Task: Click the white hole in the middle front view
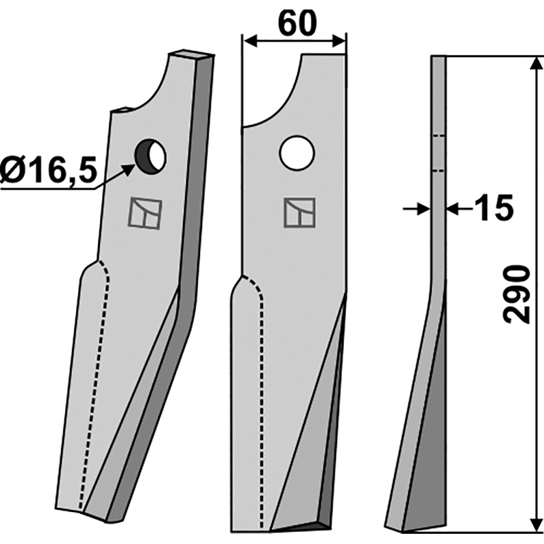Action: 296,152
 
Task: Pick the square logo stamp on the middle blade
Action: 300,213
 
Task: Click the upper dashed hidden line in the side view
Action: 439,136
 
